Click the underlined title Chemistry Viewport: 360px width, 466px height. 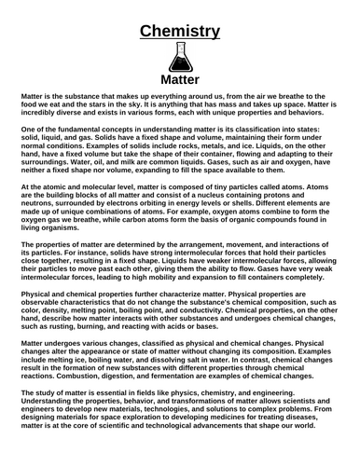pyautogui.click(x=180, y=32)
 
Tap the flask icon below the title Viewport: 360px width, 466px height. pyautogui.click(x=180, y=64)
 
